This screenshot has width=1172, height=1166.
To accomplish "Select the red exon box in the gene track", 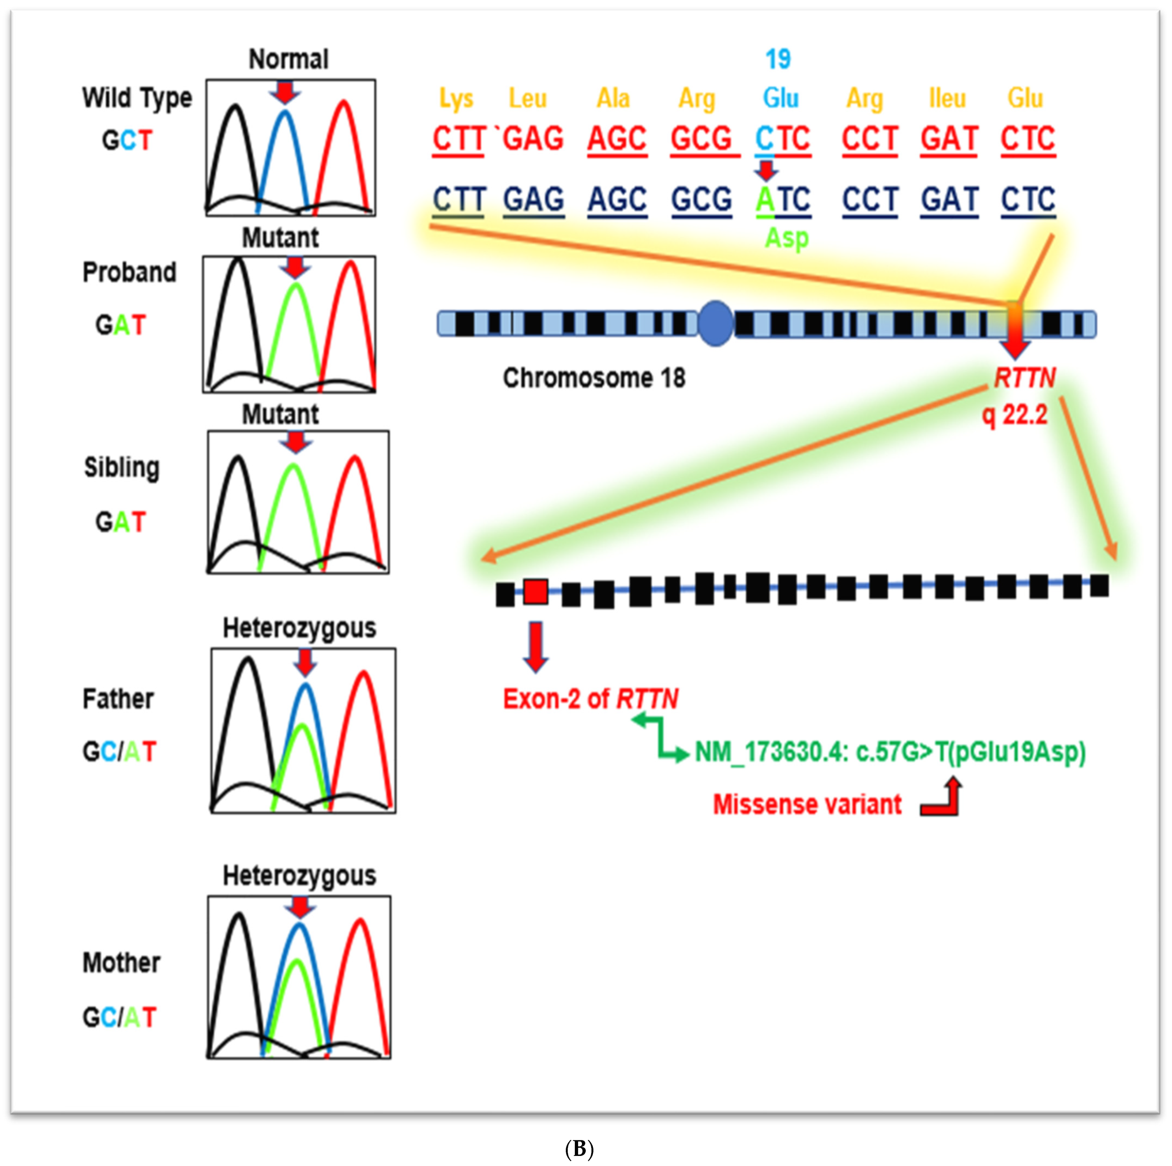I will (x=536, y=592).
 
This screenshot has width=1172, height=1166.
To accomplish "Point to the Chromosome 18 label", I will (x=594, y=378).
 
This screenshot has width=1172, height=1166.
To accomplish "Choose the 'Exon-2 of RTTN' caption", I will (x=590, y=699).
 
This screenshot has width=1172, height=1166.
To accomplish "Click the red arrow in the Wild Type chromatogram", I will (x=285, y=92).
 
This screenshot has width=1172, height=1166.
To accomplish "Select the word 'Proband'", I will (x=129, y=272).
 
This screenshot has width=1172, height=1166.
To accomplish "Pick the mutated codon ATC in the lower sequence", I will (x=782, y=199).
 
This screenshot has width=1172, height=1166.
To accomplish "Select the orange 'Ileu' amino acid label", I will (x=947, y=98).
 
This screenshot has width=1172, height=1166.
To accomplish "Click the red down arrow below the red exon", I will (x=535, y=646).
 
